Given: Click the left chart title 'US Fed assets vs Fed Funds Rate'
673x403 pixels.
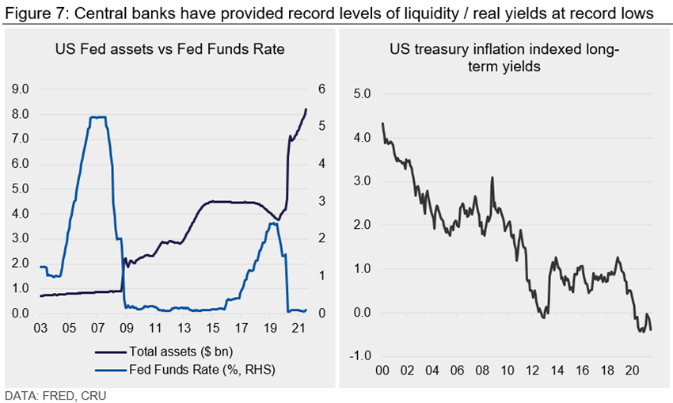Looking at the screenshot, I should point(169,50).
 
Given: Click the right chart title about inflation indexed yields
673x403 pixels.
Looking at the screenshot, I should point(504,59).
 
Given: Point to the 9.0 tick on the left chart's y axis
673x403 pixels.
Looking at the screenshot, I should point(21,89).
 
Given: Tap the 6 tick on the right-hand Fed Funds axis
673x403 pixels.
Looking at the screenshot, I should point(322,89).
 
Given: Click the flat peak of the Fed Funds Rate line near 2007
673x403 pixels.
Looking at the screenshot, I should point(97,117).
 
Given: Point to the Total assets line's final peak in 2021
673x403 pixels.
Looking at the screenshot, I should point(306,109).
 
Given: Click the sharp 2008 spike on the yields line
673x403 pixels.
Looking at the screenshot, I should point(492,177).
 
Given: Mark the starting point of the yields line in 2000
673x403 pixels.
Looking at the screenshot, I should point(382,124).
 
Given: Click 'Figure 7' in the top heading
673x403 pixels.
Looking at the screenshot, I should point(28,12).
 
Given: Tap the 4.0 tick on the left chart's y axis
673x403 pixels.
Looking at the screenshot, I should point(21,214).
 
